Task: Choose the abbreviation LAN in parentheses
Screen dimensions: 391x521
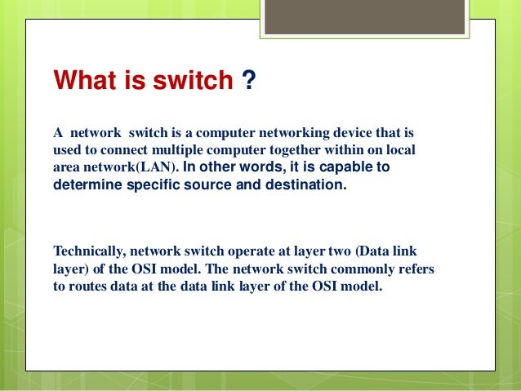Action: point(158,168)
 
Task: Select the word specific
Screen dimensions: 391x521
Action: point(153,185)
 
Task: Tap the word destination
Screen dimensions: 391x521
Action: point(307,185)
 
